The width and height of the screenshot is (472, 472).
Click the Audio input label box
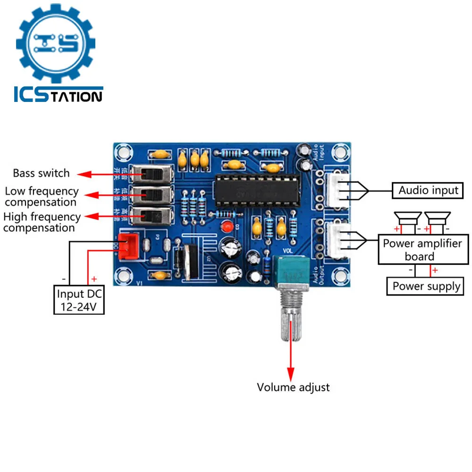click(x=428, y=191)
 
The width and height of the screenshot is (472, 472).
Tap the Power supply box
click(x=426, y=286)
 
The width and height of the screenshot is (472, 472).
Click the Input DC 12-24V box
click(x=79, y=300)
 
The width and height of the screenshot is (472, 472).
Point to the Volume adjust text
click(x=293, y=388)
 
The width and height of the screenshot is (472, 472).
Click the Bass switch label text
click(x=41, y=173)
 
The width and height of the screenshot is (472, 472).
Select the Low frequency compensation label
click(x=42, y=197)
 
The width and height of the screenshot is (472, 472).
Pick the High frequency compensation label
click(x=42, y=222)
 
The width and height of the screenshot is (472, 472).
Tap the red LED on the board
click(x=228, y=227)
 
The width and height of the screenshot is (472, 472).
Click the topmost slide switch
click(x=152, y=174)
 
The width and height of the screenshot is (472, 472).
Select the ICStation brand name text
click(x=58, y=95)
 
